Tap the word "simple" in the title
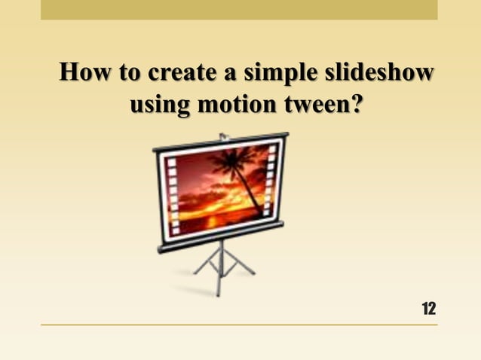tap(274, 75)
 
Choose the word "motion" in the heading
tap(230, 106)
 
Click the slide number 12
tap(428, 308)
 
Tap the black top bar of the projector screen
tap(220, 143)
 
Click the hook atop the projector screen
tap(223, 136)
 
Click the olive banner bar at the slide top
tap(239, 9)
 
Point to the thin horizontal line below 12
tap(239, 325)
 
